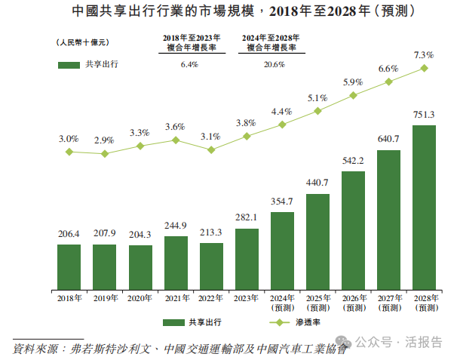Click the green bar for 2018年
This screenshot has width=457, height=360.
tap(69, 267)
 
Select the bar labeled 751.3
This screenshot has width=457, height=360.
tap(424, 208)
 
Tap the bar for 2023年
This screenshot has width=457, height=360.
tap(246, 259)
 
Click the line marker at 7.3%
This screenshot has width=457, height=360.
tap(424, 68)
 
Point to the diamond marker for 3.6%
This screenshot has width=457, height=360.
tap(175, 140)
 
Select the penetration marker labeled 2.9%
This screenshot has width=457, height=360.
tap(104, 153)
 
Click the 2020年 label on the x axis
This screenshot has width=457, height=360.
tap(140, 299)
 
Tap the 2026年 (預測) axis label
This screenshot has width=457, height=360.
tap(353, 303)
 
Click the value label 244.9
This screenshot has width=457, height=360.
tap(175, 226)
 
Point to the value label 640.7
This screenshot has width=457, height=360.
tap(388, 139)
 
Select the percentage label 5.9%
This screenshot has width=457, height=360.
tap(353, 82)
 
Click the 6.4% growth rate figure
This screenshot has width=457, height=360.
tap(189, 65)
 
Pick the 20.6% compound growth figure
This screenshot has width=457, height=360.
tap(274, 65)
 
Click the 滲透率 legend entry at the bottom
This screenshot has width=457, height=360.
tap(298, 322)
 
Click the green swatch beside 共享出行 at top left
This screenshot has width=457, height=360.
tap(69, 65)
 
